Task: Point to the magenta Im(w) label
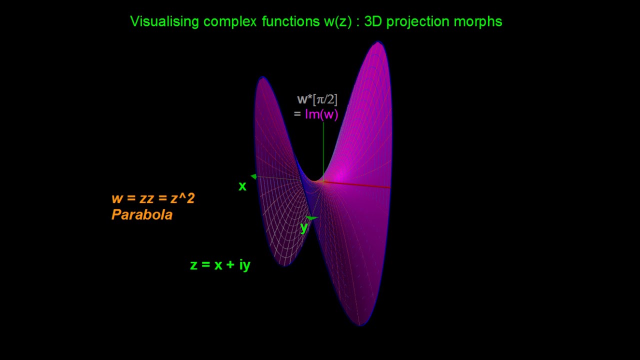click(x=321, y=114)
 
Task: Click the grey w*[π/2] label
click(x=317, y=99)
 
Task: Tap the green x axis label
click(x=242, y=186)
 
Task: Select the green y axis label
click(x=303, y=227)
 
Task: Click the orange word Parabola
click(x=142, y=215)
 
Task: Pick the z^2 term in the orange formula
click(x=182, y=198)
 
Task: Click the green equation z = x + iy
click(x=220, y=265)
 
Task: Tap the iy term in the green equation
click(x=244, y=265)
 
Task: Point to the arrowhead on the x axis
click(x=254, y=176)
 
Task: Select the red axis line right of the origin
click(x=360, y=184)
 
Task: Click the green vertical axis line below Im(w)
click(x=323, y=150)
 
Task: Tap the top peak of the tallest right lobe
click(x=378, y=43)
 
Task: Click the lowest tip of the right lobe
click(x=360, y=324)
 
